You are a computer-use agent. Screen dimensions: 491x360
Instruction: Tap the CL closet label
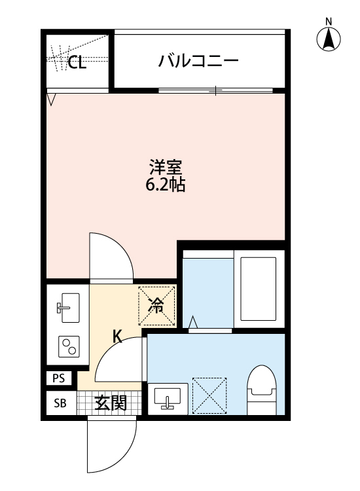77,63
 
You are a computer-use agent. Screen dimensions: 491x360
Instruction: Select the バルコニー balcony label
198,62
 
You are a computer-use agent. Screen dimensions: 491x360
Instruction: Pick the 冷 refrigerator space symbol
156,304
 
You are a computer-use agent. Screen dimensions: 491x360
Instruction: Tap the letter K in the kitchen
118,336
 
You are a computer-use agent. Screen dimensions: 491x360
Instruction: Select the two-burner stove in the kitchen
68,345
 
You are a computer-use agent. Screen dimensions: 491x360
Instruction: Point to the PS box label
59,378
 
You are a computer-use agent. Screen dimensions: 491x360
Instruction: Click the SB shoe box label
59,403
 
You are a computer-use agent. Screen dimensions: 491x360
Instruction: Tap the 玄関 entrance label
109,403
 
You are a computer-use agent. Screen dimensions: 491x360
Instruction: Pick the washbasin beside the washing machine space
168,397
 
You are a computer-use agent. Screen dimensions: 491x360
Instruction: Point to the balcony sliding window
216,90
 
